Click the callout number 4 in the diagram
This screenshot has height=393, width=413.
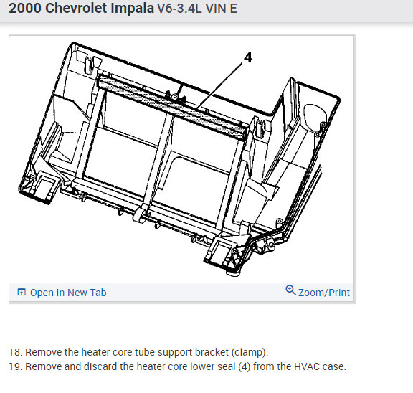(247, 57)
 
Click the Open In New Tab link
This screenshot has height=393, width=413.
(68, 293)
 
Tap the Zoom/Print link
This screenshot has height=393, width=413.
(324, 293)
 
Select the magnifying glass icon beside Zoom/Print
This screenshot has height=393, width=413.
(291, 290)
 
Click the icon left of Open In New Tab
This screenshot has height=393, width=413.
(22, 292)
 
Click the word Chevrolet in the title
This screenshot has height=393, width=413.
(75, 8)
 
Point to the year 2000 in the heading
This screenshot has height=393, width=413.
(25, 8)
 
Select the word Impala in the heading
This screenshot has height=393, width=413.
(132, 9)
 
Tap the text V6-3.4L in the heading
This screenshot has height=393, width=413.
(179, 9)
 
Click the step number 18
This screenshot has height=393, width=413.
(15, 352)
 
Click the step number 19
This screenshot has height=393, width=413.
(15, 366)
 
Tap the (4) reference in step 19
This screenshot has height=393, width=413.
(245, 367)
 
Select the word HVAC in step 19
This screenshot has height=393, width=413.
(307, 366)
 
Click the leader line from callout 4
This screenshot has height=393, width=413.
(219, 85)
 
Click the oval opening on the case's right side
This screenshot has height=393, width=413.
(315, 118)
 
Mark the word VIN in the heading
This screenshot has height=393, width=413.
(216, 9)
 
